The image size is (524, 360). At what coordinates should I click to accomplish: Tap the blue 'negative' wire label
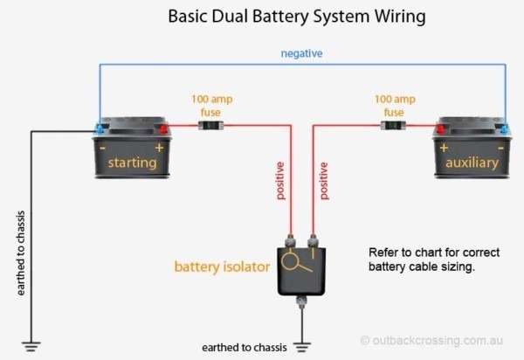pyautogui.click(x=301, y=53)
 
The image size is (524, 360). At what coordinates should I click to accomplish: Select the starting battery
pyautogui.click(x=132, y=149)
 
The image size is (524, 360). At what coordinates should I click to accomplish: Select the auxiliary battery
pyautogui.click(x=472, y=149)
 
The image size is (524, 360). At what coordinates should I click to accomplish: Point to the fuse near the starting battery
pyautogui.click(x=209, y=127)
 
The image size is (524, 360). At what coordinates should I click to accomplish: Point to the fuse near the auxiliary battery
pyautogui.click(x=395, y=127)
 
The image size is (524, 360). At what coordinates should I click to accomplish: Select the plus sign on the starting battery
pyautogui.click(x=160, y=146)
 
